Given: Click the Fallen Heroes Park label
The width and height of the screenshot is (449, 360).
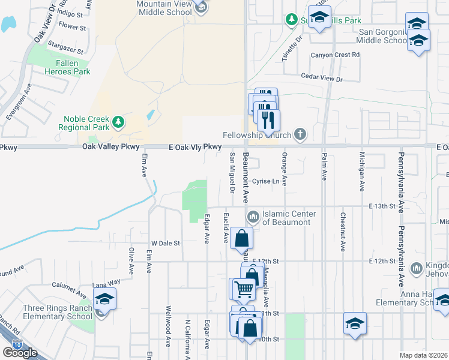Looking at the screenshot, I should coord(64,67).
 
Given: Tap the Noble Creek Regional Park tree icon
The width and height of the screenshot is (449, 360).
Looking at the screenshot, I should coord(119,122).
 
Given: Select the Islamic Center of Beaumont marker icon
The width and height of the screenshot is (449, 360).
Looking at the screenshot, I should coord(253,215).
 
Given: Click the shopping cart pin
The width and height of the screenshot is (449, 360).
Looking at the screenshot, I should coord(244,289).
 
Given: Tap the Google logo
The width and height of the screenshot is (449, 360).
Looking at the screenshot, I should coord(20,352).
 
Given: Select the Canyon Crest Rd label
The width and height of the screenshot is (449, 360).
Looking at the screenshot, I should coord(335,55).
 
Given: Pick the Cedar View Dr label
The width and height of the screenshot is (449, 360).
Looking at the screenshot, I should coord(321,79).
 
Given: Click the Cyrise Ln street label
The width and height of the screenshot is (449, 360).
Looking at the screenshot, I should coord(266,181).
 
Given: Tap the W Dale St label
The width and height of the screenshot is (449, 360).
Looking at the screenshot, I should coord(166,243).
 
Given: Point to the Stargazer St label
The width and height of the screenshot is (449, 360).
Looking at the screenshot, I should coord(66,44).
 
